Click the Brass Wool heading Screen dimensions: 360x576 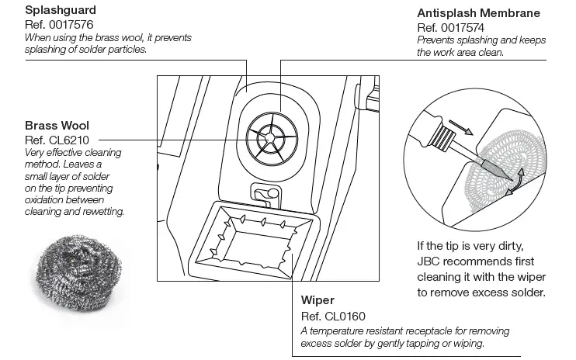click(57, 125)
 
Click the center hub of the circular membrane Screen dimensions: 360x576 click(268, 137)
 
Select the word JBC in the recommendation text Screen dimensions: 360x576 click(431, 261)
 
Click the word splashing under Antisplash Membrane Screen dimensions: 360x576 click(464, 40)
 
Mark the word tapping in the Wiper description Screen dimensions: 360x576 click(429, 344)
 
